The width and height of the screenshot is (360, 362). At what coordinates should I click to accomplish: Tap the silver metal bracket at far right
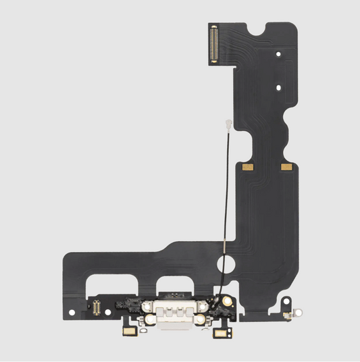(x=291, y=313)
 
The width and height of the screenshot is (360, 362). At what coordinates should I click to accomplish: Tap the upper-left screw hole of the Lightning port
(x=150, y=302)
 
